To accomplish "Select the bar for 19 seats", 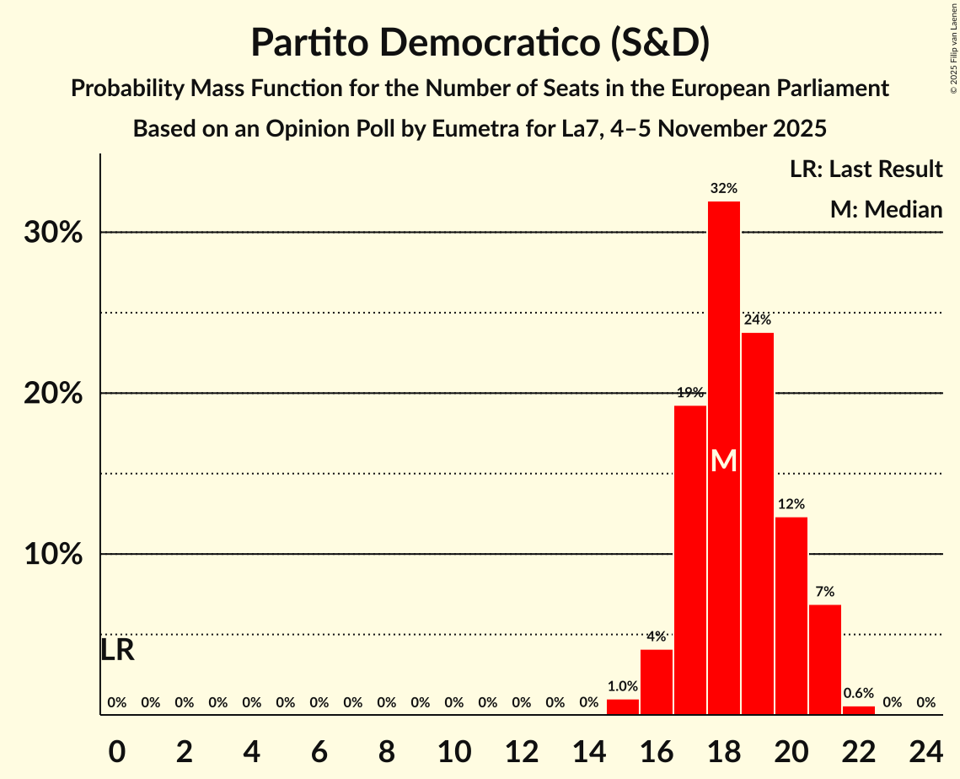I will pos(758,523).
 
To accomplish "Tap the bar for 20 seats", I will pos(791,615).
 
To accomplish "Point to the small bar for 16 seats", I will pos(657,682).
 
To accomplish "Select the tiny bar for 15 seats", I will pos(623,706).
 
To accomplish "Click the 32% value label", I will pos(724,188).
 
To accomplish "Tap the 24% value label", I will pos(758,320).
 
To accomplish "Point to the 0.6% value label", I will pos(859,692).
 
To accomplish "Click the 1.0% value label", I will pos(623,686).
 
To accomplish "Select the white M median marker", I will pos(724,461).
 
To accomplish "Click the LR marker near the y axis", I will pos(117,650).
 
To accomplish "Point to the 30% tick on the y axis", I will pos(53,233).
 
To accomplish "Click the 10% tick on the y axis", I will pos(53,555).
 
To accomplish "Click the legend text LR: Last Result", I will pos(866,169).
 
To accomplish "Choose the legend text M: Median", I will pos(886,209).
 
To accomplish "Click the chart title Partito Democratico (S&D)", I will pos(480,44).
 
